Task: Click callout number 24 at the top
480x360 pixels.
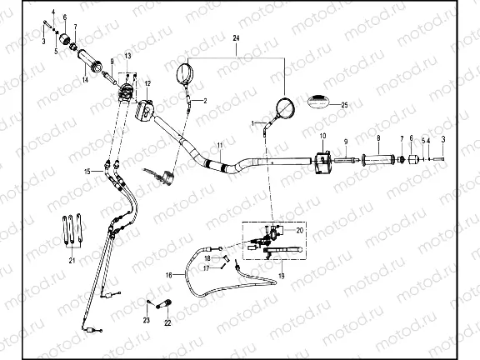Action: [x=236, y=40]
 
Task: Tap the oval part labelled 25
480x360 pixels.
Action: [x=319, y=102]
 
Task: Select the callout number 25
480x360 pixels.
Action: [x=346, y=104]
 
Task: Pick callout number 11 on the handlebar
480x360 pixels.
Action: [x=219, y=146]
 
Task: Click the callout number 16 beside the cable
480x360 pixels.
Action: [x=169, y=273]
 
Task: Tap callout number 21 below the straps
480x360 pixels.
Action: [x=72, y=260]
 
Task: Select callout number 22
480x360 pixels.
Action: [x=167, y=322]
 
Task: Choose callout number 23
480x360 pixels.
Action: [x=146, y=320]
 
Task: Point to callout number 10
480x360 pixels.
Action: [x=323, y=136]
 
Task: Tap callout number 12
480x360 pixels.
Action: [x=147, y=84]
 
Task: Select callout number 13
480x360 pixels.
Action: [x=128, y=55]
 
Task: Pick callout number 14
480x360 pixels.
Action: [x=85, y=79]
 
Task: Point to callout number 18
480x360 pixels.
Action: [x=207, y=258]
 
